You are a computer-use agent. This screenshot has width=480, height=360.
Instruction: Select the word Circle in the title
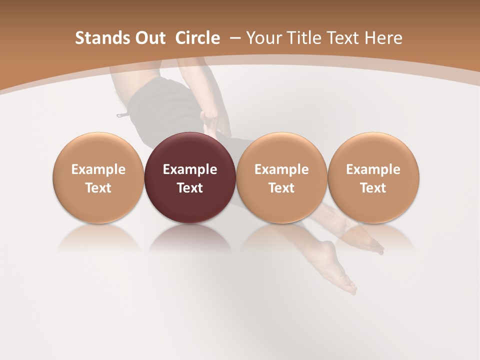tap(197, 38)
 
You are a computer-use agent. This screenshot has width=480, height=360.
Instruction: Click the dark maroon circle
tap(190, 150)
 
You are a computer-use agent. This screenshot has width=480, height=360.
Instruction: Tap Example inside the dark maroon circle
tap(190, 169)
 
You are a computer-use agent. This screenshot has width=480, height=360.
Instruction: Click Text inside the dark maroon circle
tap(190, 188)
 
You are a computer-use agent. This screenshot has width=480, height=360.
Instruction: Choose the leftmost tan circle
tap(98, 150)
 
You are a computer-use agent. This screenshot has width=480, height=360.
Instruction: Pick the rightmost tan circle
tap(373, 150)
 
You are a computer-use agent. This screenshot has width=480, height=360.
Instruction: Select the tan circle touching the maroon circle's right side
tap(281, 150)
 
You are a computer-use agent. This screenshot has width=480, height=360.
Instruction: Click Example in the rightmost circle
tap(373, 169)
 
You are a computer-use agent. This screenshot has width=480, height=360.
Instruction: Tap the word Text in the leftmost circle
tap(98, 188)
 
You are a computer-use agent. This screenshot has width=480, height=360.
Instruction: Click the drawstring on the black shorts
tap(122, 114)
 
